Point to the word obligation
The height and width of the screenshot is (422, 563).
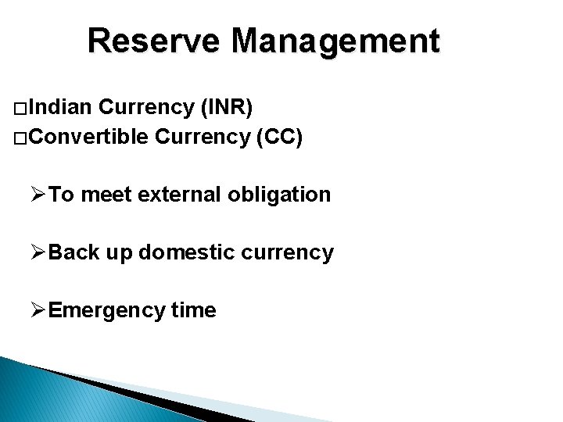coord(280,195)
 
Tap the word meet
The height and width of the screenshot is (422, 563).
coord(106,195)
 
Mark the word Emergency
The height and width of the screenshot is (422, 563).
coord(106,310)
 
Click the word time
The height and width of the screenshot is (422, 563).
coord(193,310)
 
